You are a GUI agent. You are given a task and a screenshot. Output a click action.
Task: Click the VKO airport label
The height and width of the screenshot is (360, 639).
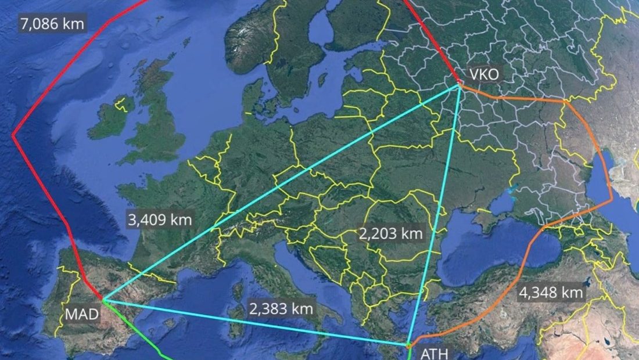coord(484,74)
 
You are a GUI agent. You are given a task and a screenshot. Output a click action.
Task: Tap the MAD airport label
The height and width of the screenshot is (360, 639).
coord(81,315)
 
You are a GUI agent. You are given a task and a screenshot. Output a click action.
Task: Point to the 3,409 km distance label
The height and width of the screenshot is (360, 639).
coord(159,221)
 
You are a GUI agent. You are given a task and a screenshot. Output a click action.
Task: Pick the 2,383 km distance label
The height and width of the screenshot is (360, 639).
coord(281,308)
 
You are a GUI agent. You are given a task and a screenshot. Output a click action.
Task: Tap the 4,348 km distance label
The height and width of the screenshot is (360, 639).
coord(550,293)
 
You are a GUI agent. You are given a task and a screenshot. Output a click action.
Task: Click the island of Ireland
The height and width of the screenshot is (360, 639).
coord(110,119)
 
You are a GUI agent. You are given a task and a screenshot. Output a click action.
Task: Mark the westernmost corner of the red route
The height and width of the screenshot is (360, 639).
coord(13,136)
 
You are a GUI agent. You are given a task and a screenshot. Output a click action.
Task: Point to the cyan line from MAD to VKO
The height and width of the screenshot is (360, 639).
coord(279,195)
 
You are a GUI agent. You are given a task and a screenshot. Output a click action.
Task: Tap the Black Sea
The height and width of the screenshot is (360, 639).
coord(494,247)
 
